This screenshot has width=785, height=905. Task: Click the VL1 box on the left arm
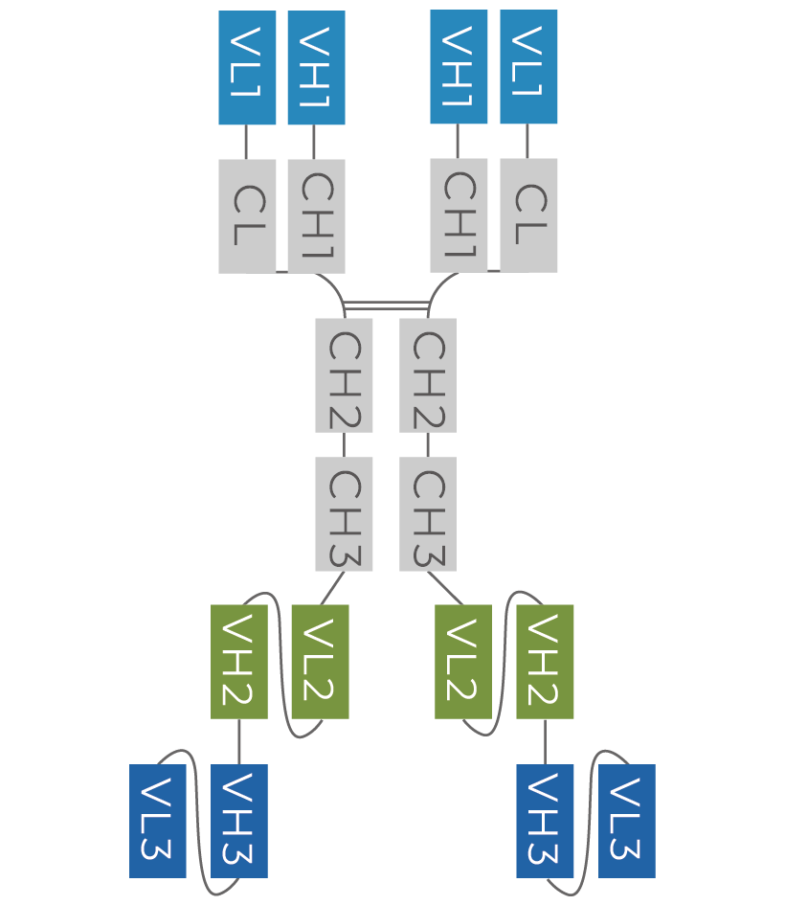click(247, 68)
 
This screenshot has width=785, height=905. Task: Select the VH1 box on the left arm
click(316, 68)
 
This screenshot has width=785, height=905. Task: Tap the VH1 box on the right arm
click(459, 67)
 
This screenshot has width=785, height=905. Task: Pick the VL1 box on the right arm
click(528, 67)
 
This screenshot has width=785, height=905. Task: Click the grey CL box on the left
click(247, 216)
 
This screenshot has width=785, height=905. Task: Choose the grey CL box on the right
click(528, 215)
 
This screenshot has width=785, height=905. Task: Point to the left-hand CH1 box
click(316, 216)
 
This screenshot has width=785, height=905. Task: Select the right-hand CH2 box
click(428, 375)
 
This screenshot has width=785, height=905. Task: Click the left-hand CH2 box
click(344, 375)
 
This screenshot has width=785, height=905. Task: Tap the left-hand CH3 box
click(344, 514)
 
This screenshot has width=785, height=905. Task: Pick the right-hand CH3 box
click(428, 514)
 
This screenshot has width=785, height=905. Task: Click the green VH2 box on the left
click(239, 662)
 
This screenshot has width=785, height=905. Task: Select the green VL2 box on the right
click(463, 662)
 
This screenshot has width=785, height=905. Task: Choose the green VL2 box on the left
click(320, 662)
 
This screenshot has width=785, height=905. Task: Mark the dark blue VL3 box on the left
click(158, 821)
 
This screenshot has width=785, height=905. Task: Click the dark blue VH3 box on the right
click(545, 821)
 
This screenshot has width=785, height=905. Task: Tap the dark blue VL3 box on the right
click(627, 821)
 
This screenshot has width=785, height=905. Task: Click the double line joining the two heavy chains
click(386, 306)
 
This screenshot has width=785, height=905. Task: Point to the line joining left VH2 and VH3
click(239, 741)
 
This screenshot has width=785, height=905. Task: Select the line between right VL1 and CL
click(527, 142)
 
